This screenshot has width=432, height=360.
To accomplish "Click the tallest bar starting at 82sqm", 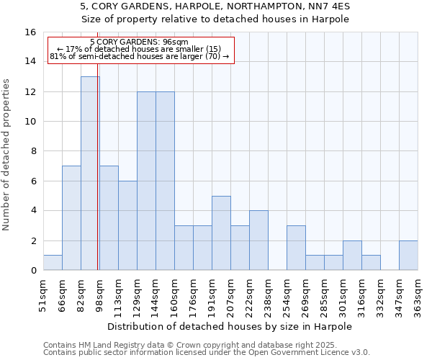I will (90, 174).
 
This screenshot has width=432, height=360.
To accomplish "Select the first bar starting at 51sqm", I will (53, 263).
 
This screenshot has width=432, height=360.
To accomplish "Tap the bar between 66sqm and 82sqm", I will (71, 218).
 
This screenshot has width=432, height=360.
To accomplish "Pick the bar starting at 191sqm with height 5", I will (221, 233).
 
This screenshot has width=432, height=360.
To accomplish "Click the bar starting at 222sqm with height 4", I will (258, 240).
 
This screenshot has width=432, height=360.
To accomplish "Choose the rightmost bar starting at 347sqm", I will (408, 256).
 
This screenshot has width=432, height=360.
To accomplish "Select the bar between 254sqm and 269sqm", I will (296, 248).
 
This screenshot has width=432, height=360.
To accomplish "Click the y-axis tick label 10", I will (30, 122).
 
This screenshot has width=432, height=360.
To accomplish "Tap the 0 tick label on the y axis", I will (33, 271).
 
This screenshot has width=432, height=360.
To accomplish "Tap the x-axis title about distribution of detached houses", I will (230, 327).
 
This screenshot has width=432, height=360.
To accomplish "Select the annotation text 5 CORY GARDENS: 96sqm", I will (141, 42).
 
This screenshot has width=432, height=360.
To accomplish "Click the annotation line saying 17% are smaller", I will (141, 49).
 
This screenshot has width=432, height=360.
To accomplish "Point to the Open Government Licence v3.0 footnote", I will (207, 353).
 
